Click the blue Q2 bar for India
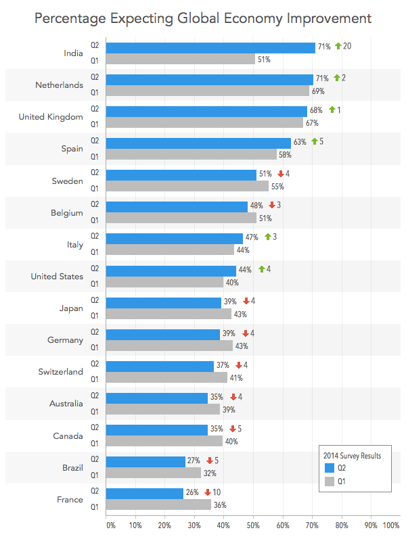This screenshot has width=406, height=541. click(x=210, y=48)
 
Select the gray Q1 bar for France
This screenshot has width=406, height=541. click(x=159, y=505)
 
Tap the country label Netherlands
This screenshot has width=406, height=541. click(x=60, y=85)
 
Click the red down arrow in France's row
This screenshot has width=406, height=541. click(x=208, y=492)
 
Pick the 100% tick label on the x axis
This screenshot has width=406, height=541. click(x=391, y=524)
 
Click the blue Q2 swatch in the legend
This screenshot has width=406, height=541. click(x=330, y=468)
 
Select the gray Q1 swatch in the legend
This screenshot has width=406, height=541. click(x=330, y=481)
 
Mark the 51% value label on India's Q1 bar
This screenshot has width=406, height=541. click(x=263, y=60)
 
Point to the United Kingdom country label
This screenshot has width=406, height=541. click(x=51, y=117)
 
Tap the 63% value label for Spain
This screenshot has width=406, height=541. click(x=300, y=142)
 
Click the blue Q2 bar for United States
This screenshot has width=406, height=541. click(x=171, y=270)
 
